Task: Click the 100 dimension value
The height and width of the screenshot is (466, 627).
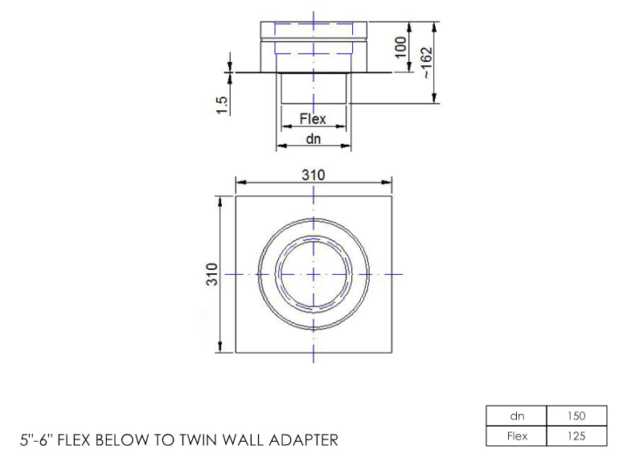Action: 400,47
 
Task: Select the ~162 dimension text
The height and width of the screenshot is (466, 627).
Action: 427,63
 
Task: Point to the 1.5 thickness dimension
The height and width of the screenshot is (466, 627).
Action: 222,105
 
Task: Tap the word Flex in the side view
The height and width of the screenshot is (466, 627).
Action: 313,119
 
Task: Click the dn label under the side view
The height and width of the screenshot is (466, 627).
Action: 313,139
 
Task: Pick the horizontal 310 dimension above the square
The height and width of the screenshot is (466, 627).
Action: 313,174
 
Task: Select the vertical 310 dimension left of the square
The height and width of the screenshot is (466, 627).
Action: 212,274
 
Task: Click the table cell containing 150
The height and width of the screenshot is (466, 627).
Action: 576,416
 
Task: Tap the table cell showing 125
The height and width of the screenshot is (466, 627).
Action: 576,436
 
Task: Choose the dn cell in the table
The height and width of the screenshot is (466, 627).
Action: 517,416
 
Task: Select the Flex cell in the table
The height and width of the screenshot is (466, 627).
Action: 517,436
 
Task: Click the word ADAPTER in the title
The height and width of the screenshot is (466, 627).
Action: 304,440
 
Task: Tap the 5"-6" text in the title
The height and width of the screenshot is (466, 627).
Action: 36,440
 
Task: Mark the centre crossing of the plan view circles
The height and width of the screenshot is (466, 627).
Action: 313,274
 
